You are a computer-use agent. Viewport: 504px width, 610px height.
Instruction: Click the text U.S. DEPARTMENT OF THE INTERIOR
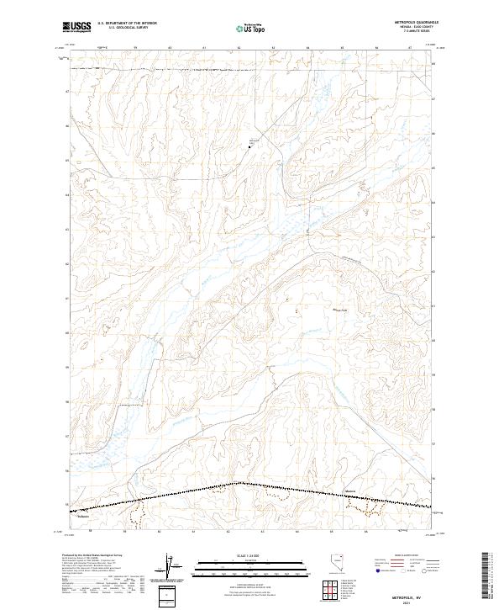tap(127, 24)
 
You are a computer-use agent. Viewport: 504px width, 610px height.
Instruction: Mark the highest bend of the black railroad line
tap(241, 483)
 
